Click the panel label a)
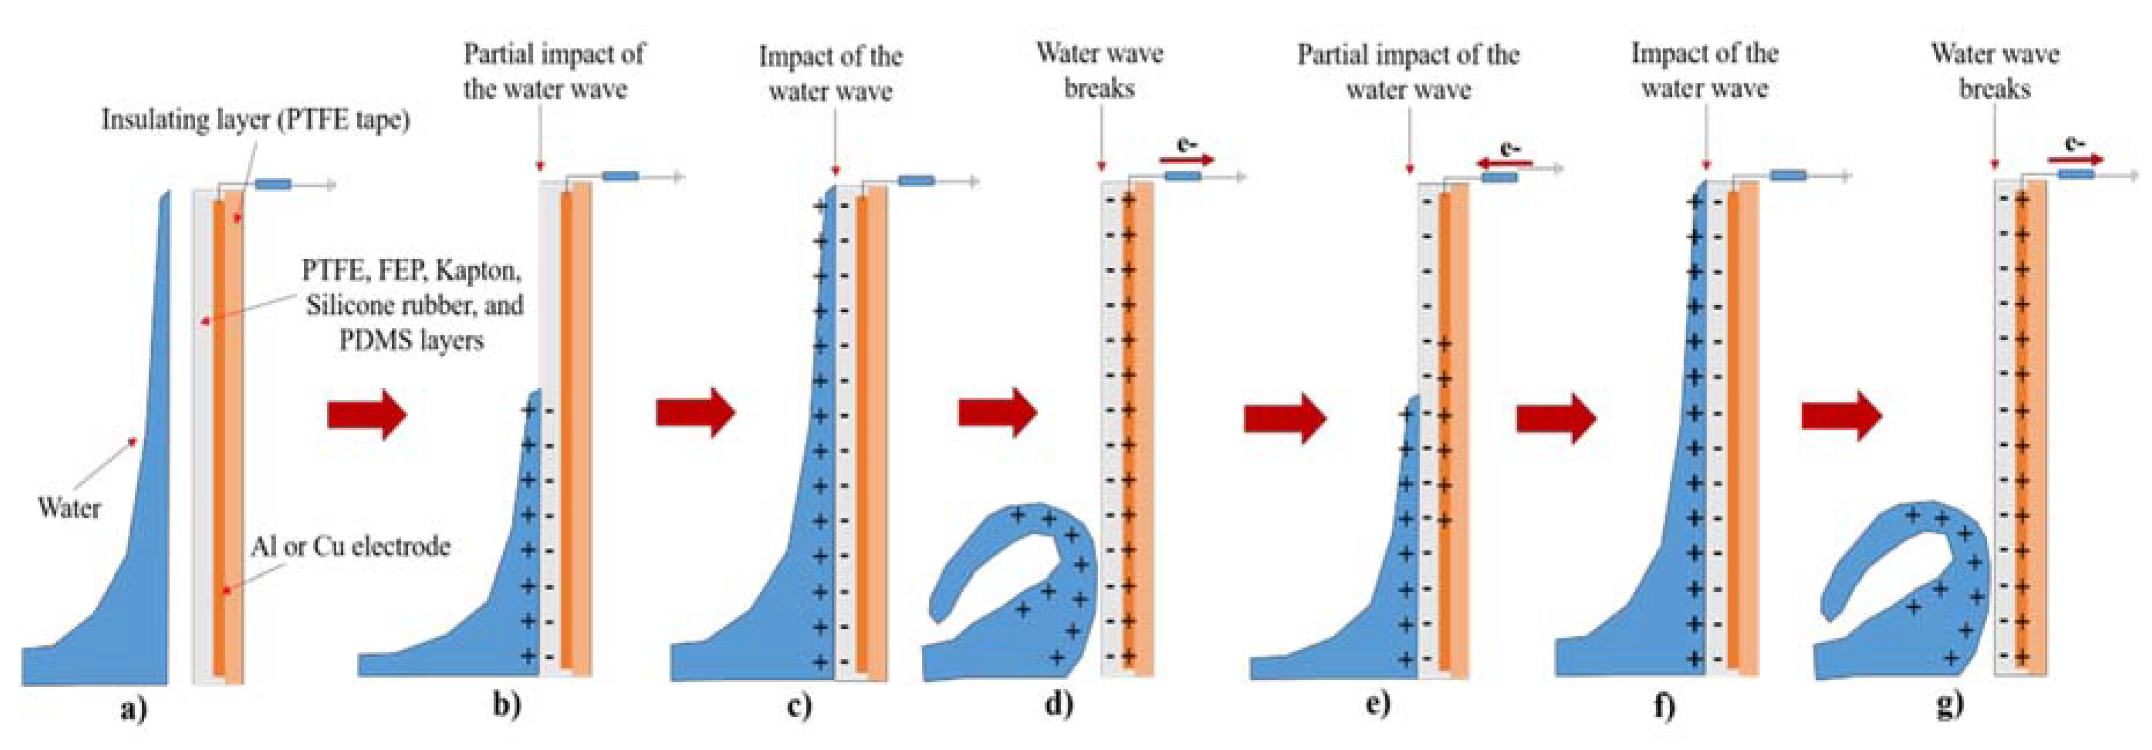133,711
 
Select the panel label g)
1948,704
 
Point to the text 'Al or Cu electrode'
350,547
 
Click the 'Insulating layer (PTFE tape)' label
256,120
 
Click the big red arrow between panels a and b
367,414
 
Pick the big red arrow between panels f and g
1840,416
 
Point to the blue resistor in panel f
1788,175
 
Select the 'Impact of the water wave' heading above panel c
830,74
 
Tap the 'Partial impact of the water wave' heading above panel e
1408,72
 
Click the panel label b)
506,705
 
